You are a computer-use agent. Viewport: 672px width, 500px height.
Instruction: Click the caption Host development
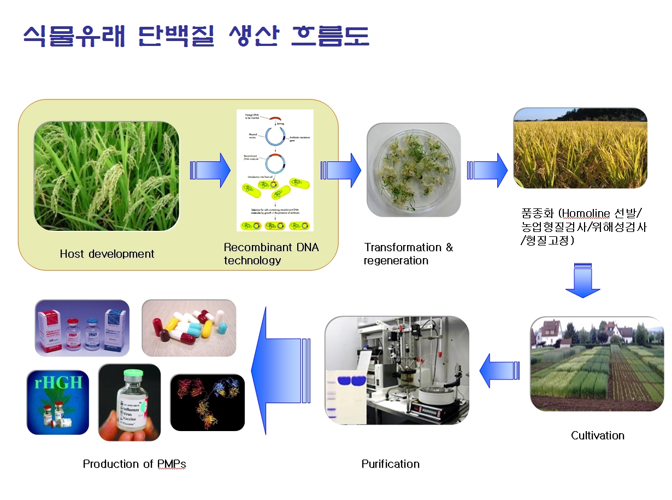107,254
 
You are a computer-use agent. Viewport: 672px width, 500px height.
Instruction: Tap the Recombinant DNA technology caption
271,254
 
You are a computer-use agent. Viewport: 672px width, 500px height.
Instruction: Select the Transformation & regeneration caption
409,254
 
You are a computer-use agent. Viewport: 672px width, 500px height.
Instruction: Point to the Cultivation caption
597,435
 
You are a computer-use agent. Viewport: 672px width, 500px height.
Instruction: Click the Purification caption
391,464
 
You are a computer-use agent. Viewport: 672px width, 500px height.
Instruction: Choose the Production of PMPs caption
134,464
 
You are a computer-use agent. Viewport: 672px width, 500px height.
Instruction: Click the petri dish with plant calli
413,170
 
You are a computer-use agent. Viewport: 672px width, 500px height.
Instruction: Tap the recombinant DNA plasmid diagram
275,170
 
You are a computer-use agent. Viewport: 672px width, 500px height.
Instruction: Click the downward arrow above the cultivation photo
582,281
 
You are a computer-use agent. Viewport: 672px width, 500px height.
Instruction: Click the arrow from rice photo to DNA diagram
210,170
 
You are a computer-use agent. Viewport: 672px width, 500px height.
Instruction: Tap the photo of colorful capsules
188,328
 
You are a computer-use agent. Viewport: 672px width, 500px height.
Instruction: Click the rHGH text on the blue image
56,382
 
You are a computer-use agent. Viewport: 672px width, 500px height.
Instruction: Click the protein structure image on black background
207,402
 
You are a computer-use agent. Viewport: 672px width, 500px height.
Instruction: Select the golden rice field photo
580,148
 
